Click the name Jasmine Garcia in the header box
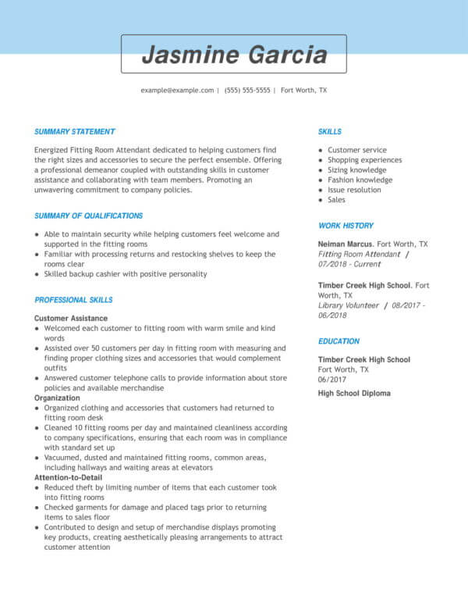point(234,55)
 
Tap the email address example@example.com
point(177,91)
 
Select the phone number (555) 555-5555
point(247,91)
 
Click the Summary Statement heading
point(75,132)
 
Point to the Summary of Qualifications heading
point(89,216)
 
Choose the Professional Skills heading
point(74,300)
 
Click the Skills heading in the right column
point(330,132)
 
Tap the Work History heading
point(346,226)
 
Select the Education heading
point(339,341)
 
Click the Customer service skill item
point(357,150)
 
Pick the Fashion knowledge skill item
point(360,180)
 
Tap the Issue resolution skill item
point(355,190)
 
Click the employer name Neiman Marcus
point(346,244)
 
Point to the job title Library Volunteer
point(349,305)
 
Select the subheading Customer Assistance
point(69,319)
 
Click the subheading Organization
point(57,397)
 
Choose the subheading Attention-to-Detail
point(68,476)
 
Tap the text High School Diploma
point(354,394)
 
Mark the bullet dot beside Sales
point(321,200)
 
